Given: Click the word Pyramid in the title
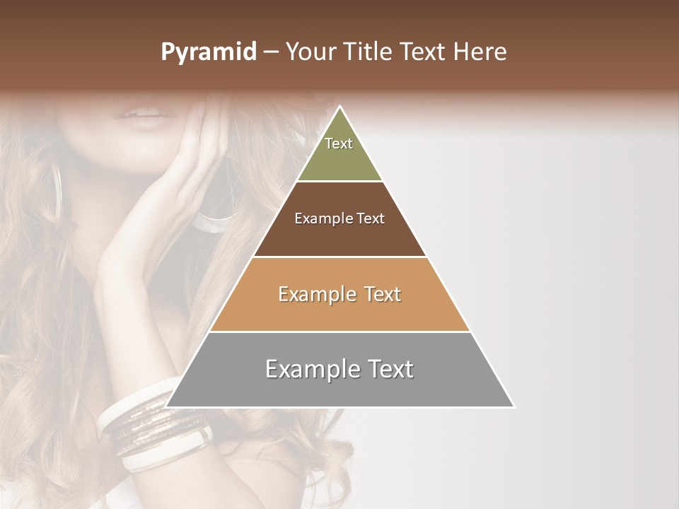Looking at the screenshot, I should pos(209,52).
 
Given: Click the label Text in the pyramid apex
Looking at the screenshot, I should pos(339,144).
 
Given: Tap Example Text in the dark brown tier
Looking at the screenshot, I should pos(339,218).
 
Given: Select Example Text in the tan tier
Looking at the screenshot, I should pos(339,294).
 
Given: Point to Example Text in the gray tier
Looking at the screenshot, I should pos(339,369).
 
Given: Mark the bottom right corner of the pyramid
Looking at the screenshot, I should pos(513,406).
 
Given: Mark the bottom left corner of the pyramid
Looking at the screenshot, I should pos(166,406).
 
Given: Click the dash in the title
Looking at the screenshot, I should pos(271,52).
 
